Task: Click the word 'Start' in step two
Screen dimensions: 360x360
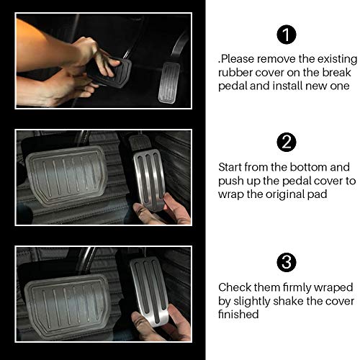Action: [231, 166]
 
